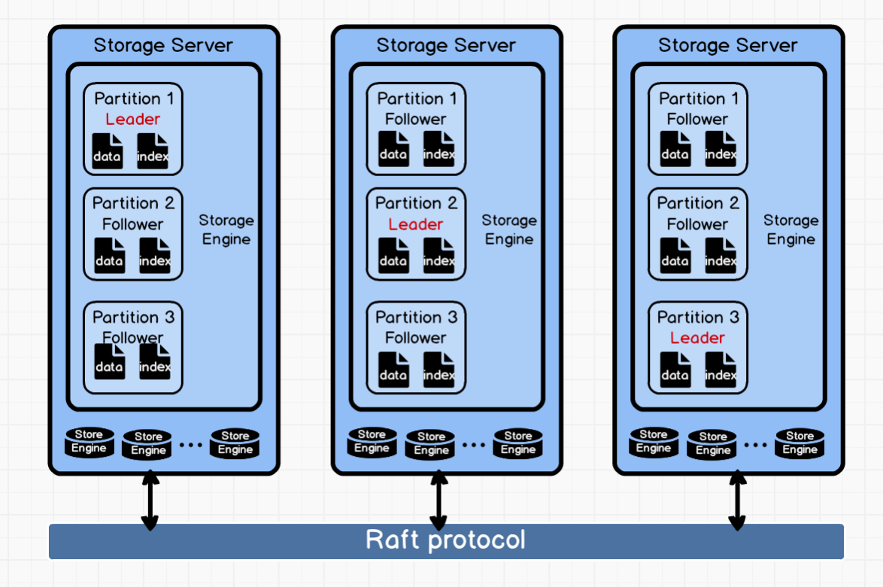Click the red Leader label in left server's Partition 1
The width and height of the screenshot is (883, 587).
click(132, 119)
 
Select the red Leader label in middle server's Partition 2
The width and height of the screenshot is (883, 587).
click(416, 224)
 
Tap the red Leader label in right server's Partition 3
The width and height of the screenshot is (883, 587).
click(697, 338)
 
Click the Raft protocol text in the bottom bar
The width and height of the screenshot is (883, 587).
click(445, 540)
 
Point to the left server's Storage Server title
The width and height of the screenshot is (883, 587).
click(163, 45)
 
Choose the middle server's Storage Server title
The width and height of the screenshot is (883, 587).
click(446, 45)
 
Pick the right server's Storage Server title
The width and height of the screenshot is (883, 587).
click(728, 45)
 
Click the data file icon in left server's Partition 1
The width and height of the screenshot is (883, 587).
click(108, 150)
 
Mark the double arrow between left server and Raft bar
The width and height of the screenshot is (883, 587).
click(150, 500)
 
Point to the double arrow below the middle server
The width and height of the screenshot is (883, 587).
click(438, 500)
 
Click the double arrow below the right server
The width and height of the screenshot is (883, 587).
click(737, 500)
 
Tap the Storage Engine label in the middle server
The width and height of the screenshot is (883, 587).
click(509, 230)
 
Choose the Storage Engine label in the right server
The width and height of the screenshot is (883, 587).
click(791, 230)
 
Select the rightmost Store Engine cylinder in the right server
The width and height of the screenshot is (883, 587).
click(800, 443)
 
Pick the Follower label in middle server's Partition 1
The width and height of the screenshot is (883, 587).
click(416, 119)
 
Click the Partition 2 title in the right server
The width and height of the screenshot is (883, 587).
click(698, 203)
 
